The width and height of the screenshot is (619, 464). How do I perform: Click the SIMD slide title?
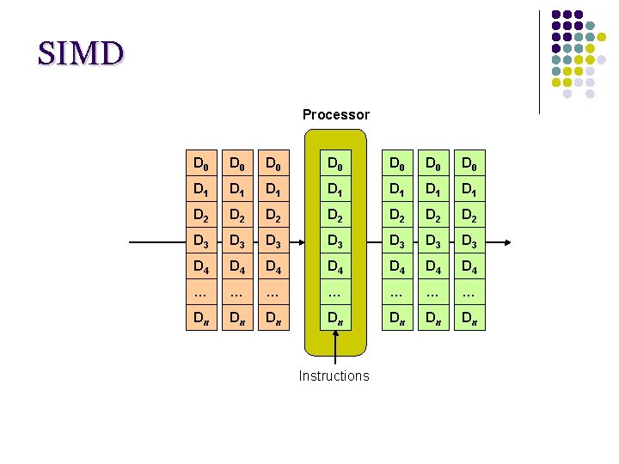81,53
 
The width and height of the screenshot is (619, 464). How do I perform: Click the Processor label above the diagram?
335,114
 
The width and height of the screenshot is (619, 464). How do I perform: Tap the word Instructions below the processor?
334,375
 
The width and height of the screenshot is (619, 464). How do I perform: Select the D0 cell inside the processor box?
335,163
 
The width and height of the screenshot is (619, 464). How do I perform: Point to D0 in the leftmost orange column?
200,163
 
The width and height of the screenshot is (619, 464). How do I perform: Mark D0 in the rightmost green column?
469,163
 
